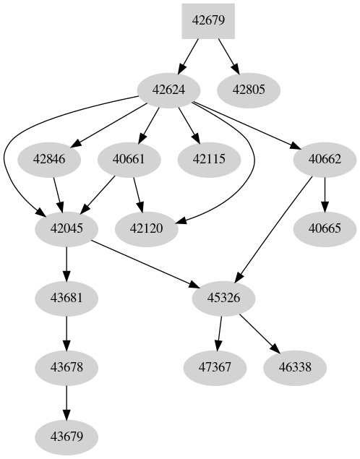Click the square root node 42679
[x=208, y=20]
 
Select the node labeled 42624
[x=169, y=90]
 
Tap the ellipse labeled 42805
[x=249, y=90]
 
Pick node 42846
[x=49, y=160]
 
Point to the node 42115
[x=209, y=160]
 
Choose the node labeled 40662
[x=324, y=160]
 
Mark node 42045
[x=67, y=228]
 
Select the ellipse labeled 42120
[x=147, y=228]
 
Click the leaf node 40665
[x=324, y=228]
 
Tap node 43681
[x=67, y=298]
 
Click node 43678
[x=67, y=367]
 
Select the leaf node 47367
[x=214, y=367]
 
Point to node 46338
[x=293, y=367]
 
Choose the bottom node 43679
[x=67, y=437]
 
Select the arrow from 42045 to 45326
[x=145, y=262]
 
